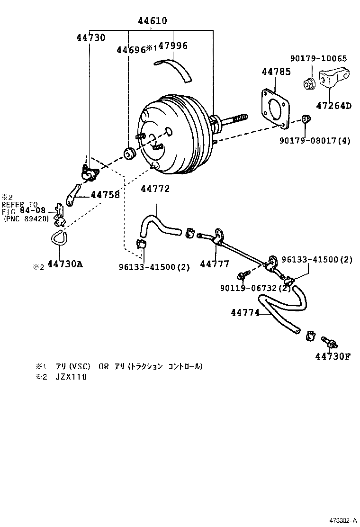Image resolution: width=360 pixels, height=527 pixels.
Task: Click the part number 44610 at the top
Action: coord(153,21)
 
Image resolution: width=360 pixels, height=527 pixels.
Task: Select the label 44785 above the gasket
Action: coord(276,72)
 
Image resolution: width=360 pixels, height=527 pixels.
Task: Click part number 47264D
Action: coord(333,106)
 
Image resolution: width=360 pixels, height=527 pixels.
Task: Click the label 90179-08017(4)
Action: coord(315,141)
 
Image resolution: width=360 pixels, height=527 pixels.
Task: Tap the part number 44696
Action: coord(130,49)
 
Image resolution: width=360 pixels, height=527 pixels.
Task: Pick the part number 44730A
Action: coord(65,264)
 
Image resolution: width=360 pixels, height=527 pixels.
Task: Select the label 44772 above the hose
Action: coord(155,189)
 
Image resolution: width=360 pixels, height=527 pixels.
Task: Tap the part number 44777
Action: coord(215,264)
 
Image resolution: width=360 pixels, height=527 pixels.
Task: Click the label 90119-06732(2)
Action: coord(255,288)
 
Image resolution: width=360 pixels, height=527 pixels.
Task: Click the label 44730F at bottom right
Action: coord(332,356)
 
